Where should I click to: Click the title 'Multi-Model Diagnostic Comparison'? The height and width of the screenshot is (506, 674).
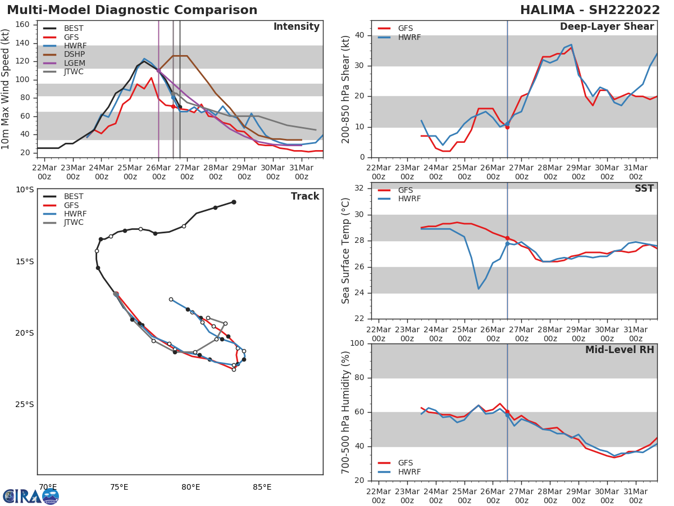click(x=132, y=10)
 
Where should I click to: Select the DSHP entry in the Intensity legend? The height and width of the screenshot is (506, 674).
click(x=74, y=55)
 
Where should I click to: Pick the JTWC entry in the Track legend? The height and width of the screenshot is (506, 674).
click(x=74, y=223)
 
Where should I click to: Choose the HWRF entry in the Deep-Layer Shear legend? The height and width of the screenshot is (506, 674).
click(x=409, y=37)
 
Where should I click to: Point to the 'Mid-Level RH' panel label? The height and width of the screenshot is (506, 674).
click(x=620, y=350)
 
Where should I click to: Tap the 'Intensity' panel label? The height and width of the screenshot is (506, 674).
click(x=296, y=27)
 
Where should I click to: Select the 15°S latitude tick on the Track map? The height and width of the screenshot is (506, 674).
click(x=24, y=261)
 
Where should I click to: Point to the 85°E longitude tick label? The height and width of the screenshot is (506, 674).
click(x=262, y=487)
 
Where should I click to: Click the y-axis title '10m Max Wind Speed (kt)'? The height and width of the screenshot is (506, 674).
click(x=6, y=89)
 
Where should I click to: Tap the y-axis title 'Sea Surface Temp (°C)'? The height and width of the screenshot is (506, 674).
click(x=346, y=251)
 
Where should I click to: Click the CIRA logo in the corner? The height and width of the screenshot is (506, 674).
click(x=31, y=496)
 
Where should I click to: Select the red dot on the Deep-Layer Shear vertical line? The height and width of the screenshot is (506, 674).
click(x=507, y=127)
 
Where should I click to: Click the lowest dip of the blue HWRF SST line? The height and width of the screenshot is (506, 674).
click(x=479, y=289)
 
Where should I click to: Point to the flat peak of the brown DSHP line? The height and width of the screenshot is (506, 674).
click(x=180, y=56)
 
